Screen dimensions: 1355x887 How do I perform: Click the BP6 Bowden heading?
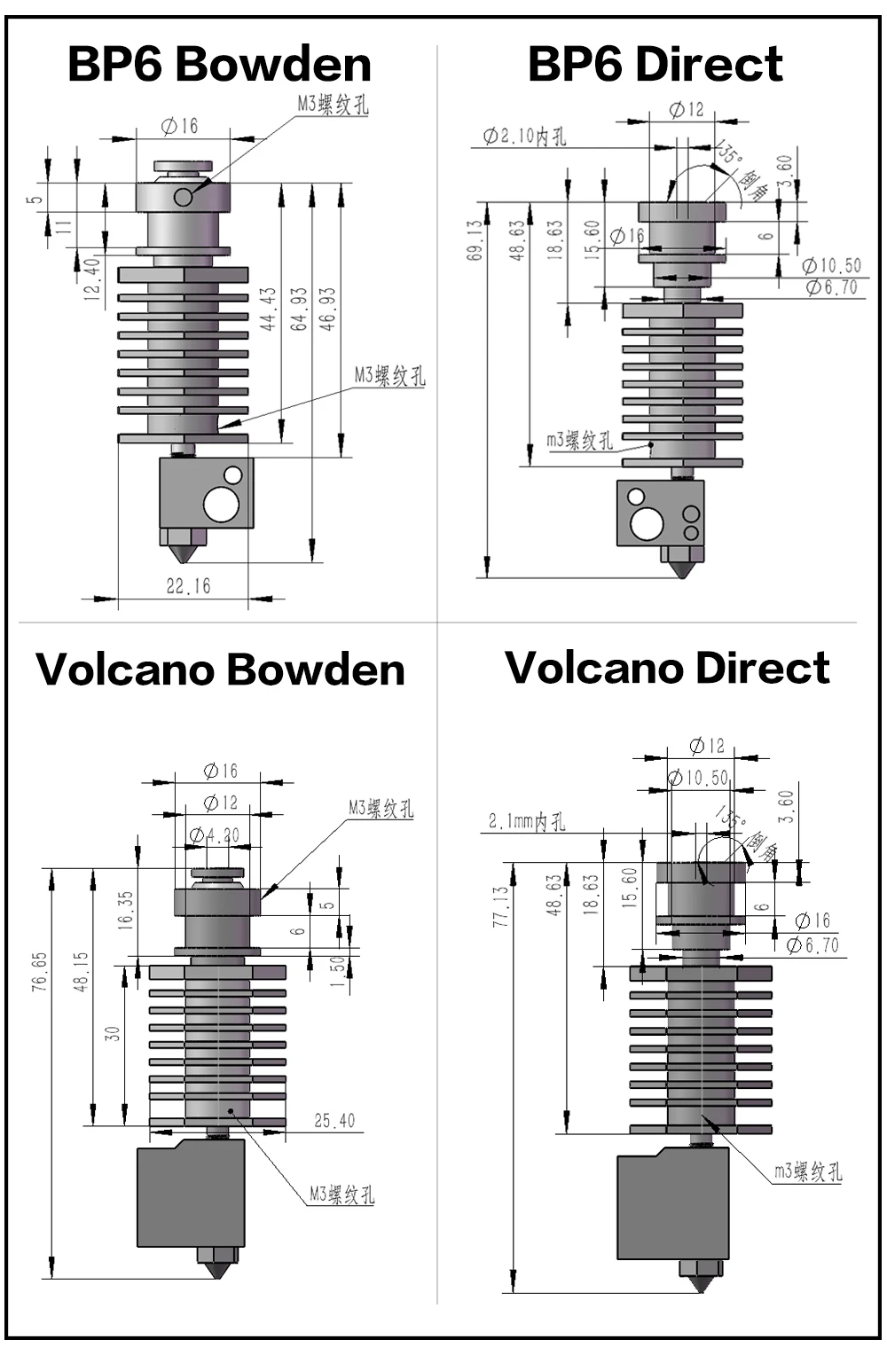219,65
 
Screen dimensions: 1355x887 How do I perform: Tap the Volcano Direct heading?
667,668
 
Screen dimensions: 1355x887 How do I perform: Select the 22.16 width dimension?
188,586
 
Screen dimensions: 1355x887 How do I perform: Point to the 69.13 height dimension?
476,240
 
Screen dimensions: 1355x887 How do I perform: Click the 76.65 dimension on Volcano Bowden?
40,972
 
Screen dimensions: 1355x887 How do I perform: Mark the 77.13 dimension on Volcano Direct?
501,906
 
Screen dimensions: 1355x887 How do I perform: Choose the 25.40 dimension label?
334,1121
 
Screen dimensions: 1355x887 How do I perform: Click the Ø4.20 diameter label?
215,835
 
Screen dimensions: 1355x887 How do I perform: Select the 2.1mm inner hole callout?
526,822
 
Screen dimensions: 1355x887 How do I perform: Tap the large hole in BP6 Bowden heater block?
221,505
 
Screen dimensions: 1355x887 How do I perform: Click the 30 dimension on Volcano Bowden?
113,1034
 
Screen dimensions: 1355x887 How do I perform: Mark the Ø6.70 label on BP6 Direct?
832,287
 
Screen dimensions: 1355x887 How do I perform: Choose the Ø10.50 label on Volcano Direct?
699,778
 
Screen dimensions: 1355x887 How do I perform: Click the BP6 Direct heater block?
660,513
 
